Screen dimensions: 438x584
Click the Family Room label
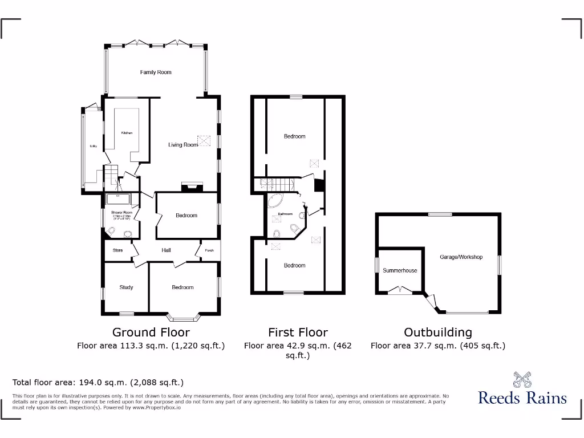156,72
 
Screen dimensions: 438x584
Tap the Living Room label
182,145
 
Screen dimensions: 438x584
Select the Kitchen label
127,133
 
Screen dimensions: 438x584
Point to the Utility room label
94,147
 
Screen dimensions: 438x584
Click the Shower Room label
121,213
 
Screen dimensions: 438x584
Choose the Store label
117,250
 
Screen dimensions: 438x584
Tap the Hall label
166,250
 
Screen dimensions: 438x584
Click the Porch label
209,250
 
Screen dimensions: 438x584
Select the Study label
126,287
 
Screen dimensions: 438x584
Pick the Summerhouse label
400,270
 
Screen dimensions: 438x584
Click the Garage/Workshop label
461,257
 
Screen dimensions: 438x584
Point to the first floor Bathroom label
285,214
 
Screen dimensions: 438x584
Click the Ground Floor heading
151,332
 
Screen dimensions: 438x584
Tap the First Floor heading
298,332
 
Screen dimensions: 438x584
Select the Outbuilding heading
438,332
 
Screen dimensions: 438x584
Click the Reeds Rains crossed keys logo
522,379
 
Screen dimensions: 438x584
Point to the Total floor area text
98,383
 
